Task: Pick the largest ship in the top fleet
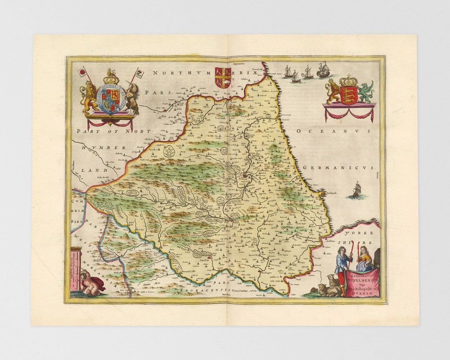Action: pyautogui.click(x=323, y=70)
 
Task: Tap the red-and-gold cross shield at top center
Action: pyautogui.click(x=223, y=77)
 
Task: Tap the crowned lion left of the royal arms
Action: pyautogui.click(x=90, y=97)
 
